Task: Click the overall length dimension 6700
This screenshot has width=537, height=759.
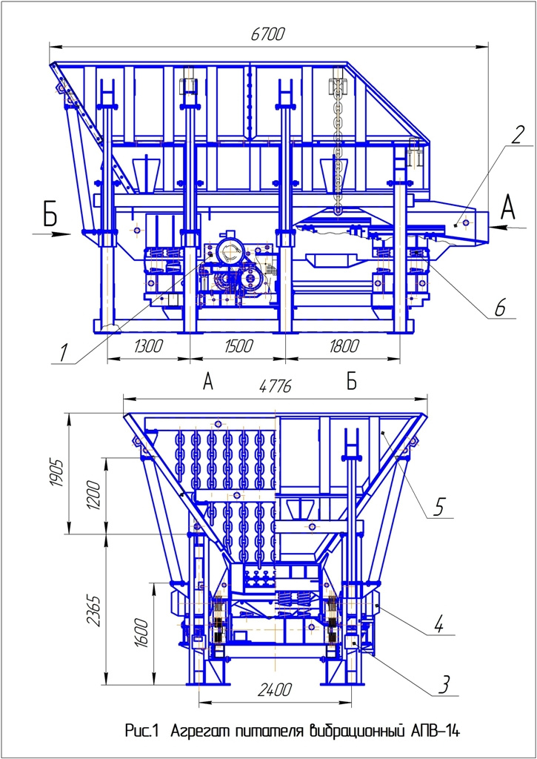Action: [269, 35]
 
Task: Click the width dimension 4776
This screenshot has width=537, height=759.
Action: [276, 386]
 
